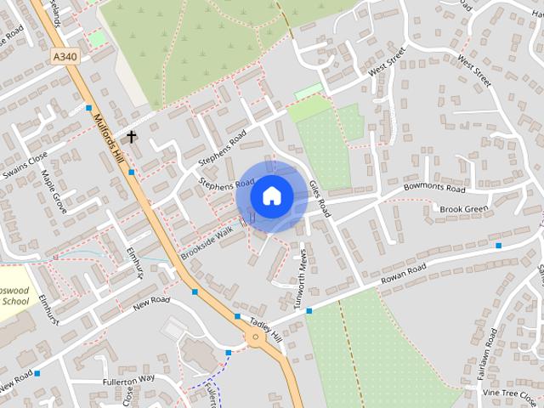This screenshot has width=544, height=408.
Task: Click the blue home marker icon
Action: [x=271, y=195]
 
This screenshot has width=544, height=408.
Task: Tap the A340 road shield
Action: [x=64, y=57]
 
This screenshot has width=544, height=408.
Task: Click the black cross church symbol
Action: [x=132, y=136]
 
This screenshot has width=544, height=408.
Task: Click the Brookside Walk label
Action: [x=206, y=242]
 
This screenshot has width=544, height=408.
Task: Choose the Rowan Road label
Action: [x=403, y=275]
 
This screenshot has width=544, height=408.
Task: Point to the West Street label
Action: [x=474, y=70]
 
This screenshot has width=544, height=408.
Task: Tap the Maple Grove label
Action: [x=54, y=191]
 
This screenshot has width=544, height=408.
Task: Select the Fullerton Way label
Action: [x=128, y=378]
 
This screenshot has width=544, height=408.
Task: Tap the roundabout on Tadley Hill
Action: [x=254, y=338]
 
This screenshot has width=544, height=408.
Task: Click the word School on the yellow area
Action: [x=15, y=301]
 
